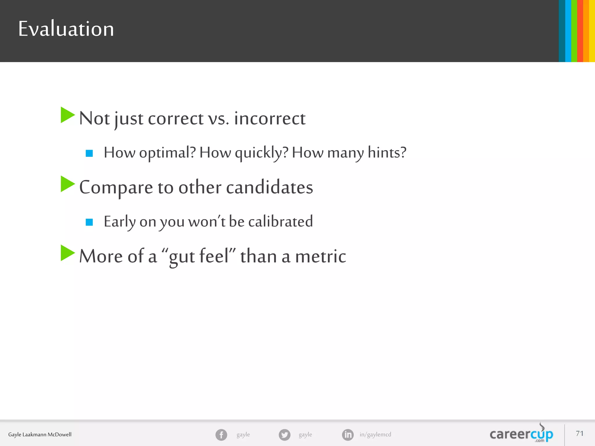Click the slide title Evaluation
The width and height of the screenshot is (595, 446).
pyautogui.click(x=66, y=29)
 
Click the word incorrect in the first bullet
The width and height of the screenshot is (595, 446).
pyautogui.click(x=270, y=118)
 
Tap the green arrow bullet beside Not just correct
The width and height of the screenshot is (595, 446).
pyautogui.click(x=67, y=115)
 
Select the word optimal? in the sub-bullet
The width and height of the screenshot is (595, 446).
pyautogui.click(x=167, y=153)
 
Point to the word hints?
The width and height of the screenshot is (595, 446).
pyautogui.click(x=387, y=153)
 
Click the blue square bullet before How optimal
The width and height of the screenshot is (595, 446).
pyautogui.click(x=89, y=153)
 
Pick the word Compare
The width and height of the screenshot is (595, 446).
pyautogui.click(x=116, y=188)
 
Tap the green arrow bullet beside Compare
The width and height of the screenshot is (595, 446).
pyautogui.click(x=67, y=184)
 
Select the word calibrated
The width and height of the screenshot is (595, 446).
pyautogui.click(x=280, y=222)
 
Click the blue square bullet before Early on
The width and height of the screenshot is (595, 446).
pyautogui.click(x=89, y=222)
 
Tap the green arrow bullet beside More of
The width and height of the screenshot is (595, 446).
pyautogui.click(x=67, y=253)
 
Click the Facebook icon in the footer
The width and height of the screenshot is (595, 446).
pyautogui.click(x=221, y=435)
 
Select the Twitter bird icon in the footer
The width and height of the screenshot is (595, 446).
pyautogui.click(x=284, y=435)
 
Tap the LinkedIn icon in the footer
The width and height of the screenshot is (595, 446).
pyautogui.click(x=348, y=435)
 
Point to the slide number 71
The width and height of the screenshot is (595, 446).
pyautogui.click(x=580, y=434)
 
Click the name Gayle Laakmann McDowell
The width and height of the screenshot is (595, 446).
pyautogui.click(x=40, y=435)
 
